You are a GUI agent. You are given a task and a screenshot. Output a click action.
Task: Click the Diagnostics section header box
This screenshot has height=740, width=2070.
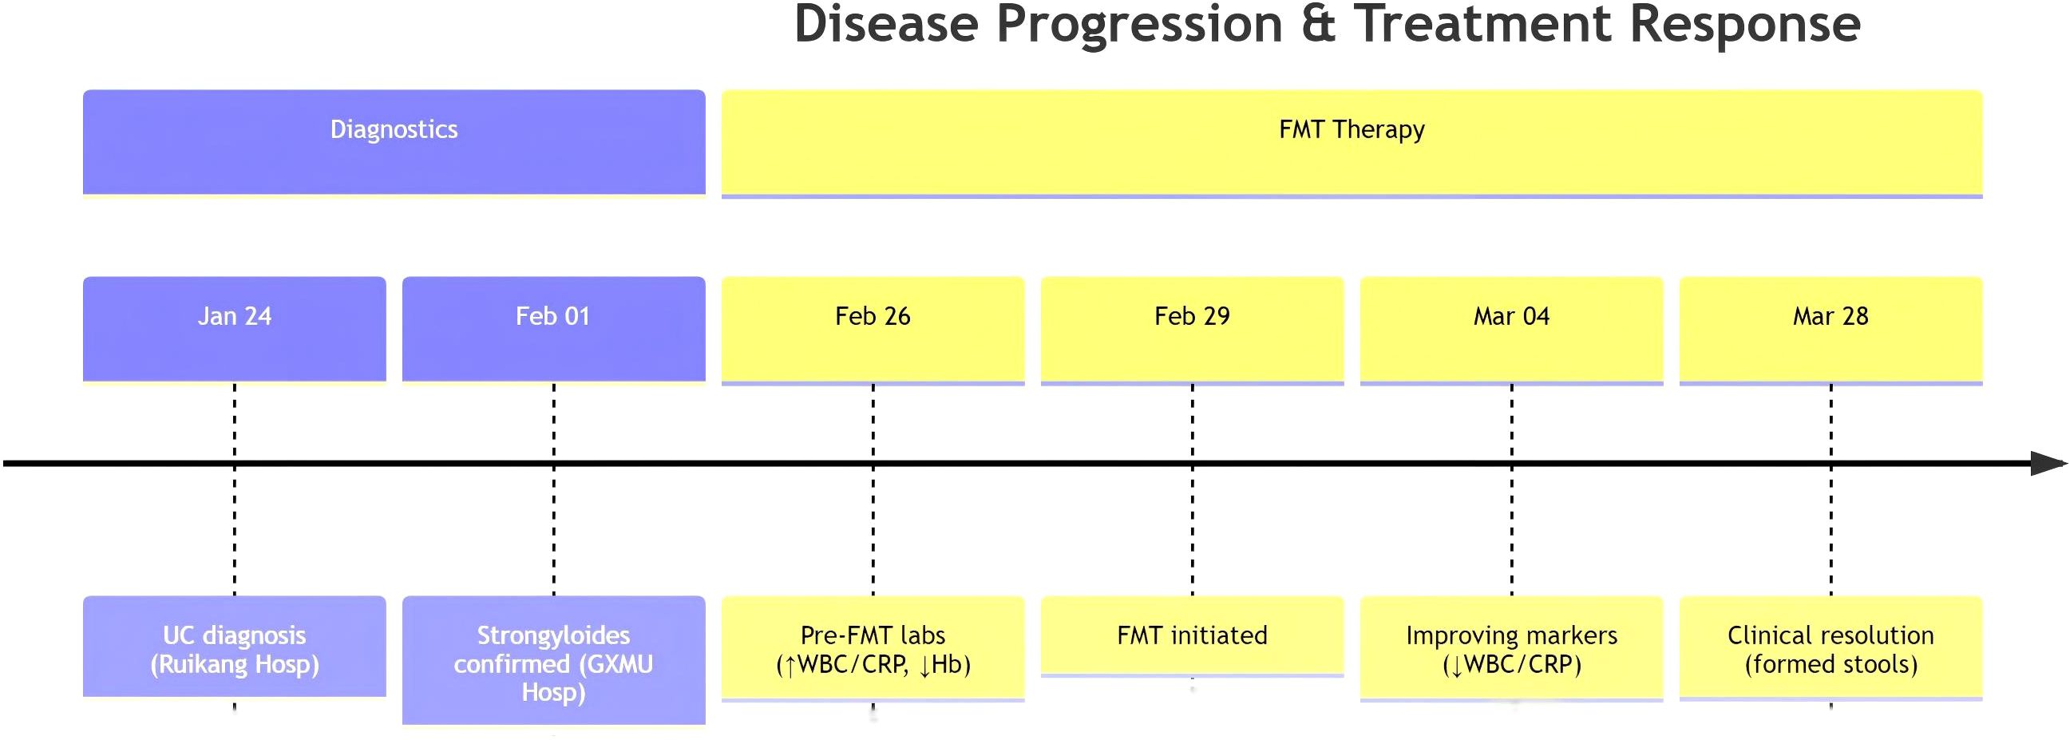point(394,142)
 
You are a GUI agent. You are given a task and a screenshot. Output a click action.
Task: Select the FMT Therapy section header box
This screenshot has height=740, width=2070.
point(1352,142)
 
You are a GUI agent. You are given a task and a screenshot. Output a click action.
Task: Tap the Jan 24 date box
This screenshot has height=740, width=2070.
point(235,330)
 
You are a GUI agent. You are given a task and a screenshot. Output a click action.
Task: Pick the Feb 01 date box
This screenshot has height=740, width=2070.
point(554,330)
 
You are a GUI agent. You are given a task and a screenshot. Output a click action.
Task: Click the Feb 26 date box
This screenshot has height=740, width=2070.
point(873,330)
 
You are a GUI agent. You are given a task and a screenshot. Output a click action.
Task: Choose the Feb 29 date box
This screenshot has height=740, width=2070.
point(1193,330)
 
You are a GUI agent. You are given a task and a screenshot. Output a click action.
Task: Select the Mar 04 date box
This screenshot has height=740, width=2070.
point(1511,330)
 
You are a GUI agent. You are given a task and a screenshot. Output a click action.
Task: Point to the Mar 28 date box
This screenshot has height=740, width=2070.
point(1831,330)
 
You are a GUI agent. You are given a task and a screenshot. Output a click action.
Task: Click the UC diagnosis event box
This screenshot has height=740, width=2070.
point(235,646)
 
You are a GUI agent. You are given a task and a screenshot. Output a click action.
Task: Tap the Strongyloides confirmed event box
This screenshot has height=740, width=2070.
point(554,659)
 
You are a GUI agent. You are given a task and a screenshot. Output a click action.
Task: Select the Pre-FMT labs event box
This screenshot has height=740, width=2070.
point(873,648)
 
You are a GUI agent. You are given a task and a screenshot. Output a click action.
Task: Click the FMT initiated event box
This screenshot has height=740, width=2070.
point(1193,635)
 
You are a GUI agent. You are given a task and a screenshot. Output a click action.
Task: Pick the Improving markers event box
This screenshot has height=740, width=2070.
point(1511,648)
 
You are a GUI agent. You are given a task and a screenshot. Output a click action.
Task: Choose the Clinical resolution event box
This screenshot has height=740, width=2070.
point(1831,647)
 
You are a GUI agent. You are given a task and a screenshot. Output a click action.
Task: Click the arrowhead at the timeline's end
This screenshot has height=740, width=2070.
point(2048,463)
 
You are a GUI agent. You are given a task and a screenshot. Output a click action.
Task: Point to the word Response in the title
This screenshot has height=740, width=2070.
point(1744,28)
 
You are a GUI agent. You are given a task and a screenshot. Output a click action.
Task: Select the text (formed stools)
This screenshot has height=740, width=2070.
point(1831,664)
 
